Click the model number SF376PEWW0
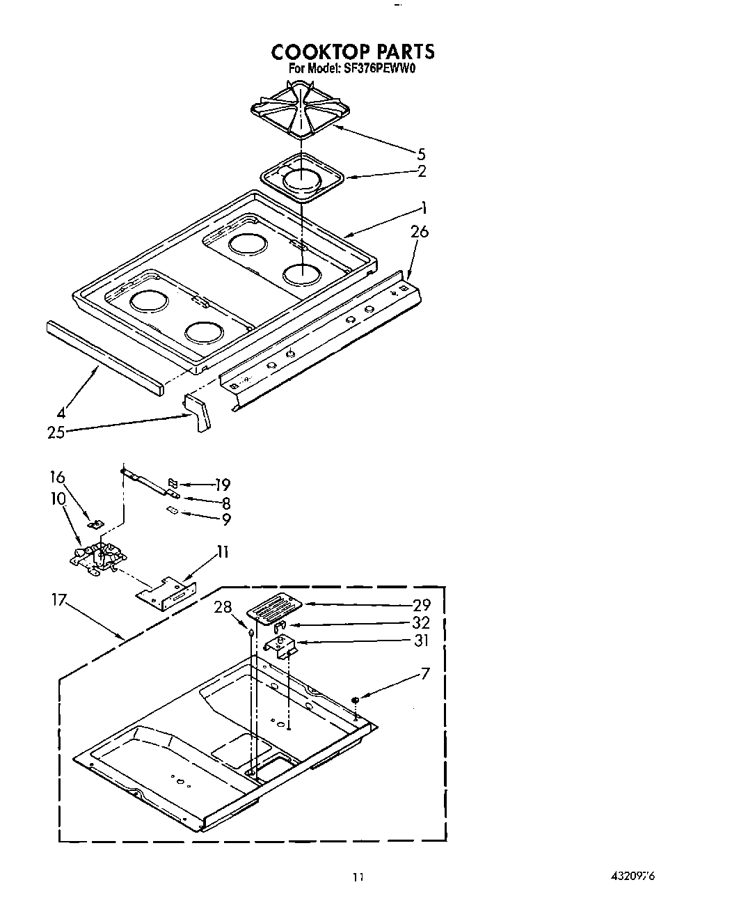tap(379, 69)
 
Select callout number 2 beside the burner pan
tap(422, 171)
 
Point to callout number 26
tap(420, 232)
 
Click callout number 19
tap(223, 485)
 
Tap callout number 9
tap(225, 519)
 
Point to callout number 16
tap(57, 477)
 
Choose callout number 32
tap(421, 622)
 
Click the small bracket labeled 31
tap(281, 647)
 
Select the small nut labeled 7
tap(355, 699)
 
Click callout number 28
tap(223, 607)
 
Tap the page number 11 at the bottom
tap(358, 877)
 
